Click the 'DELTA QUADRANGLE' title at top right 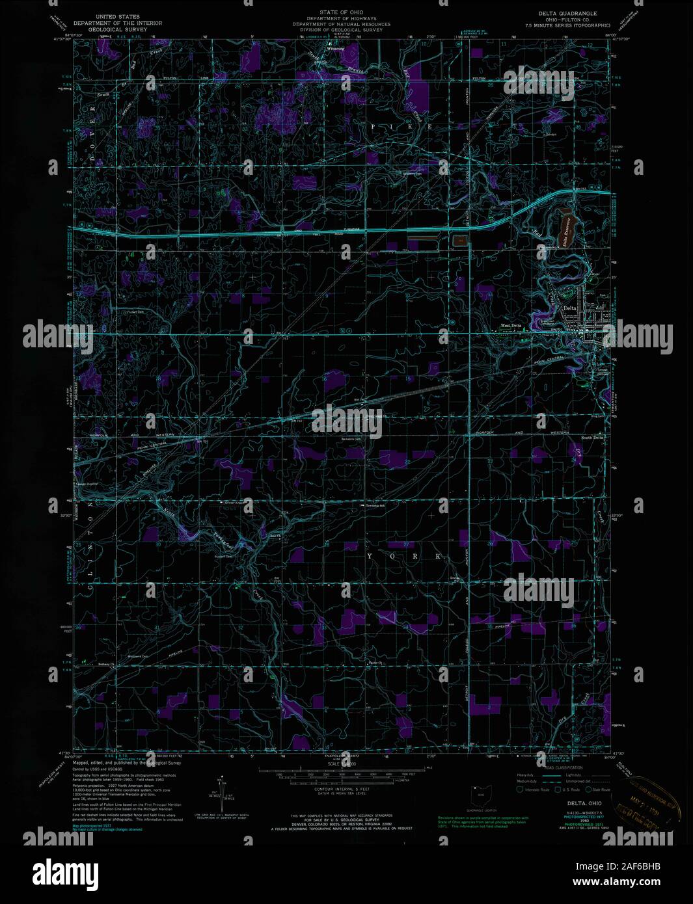click(x=567, y=13)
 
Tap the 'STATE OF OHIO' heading click(x=341, y=12)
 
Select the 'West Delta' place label click(x=511, y=325)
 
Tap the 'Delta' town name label click(x=570, y=308)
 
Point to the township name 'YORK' click(x=406, y=557)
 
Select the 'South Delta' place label click(x=593, y=437)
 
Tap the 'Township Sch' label click(x=375, y=504)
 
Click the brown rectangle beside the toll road click(x=460, y=241)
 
